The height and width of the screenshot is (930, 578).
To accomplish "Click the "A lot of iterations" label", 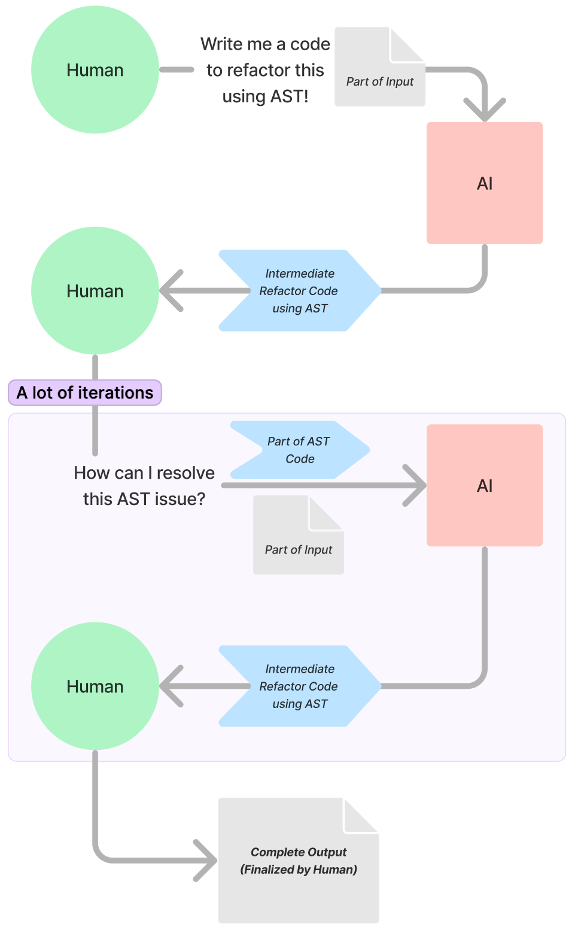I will coord(85,393).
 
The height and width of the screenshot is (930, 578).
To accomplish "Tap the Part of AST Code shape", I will coord(299,450).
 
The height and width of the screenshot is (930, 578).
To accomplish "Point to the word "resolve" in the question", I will coord(185,473).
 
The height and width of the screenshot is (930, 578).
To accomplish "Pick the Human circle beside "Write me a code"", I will coord(95,70).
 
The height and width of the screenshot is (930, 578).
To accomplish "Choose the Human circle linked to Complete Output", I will coord(95,686).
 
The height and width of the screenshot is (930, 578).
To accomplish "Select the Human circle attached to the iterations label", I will coord(95,291).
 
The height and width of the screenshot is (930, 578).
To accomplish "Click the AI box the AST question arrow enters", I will coord(484,485).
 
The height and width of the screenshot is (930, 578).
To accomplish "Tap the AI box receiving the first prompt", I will coord(484,183).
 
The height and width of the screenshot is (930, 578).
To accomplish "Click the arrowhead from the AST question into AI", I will coord(416,485).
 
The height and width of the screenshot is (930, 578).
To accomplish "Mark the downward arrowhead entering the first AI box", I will coord(485,113).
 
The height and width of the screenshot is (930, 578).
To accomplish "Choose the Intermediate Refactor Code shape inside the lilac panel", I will coord(299,686).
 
